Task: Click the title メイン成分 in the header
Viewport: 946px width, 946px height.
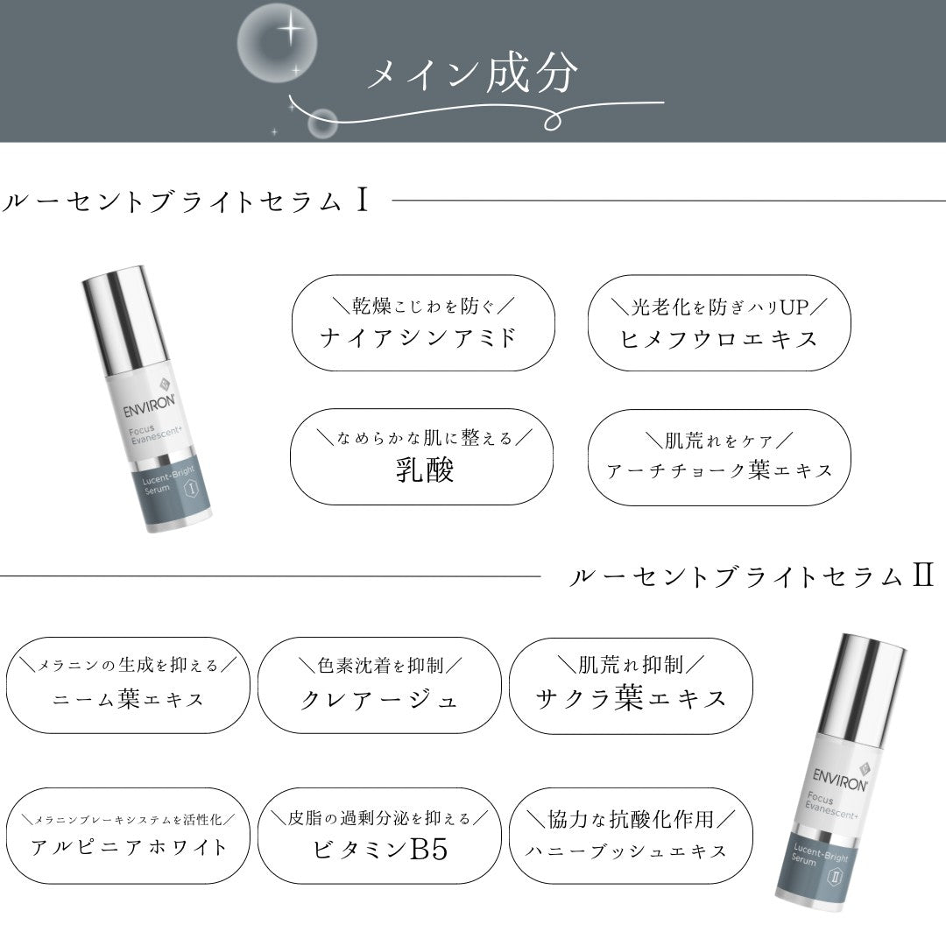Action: coord(472,74)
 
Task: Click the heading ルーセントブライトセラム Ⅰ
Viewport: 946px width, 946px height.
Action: coord(184,201)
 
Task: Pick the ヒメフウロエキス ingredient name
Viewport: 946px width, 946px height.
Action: coord(719,337)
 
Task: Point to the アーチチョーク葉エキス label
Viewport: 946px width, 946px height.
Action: coord(719,470)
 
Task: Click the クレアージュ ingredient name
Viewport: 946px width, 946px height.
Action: coord(379,699)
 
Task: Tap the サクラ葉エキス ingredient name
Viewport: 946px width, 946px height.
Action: coord(631,698)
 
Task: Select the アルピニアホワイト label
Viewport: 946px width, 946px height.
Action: coord(129,847)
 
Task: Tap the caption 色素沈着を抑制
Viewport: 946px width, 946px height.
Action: coord(378,666)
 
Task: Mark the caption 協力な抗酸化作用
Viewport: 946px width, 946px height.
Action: coord(629,818)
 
